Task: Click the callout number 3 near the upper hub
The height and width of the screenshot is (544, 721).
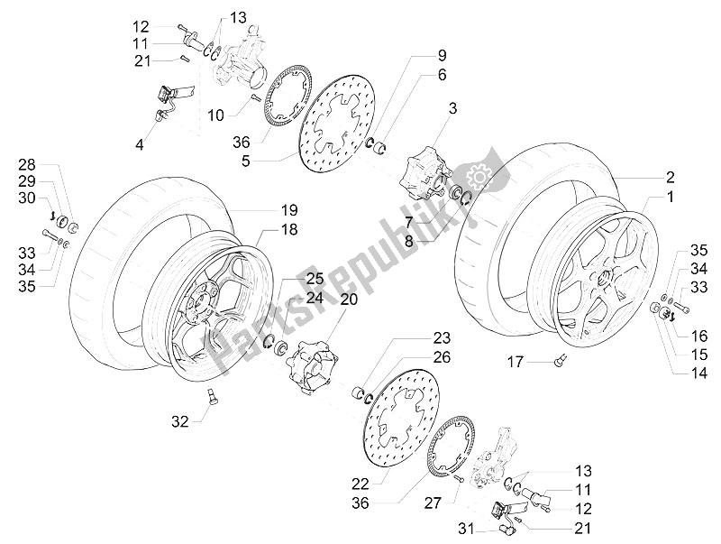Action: tap(453, 109)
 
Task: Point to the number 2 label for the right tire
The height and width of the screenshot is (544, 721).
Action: tap(671, 176)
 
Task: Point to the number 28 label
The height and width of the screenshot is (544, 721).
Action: tap(26, 165)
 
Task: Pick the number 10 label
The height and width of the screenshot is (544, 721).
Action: tap(214, 115)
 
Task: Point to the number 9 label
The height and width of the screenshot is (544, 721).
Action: tap(443, 53)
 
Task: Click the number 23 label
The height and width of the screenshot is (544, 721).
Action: tap(440, 339)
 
